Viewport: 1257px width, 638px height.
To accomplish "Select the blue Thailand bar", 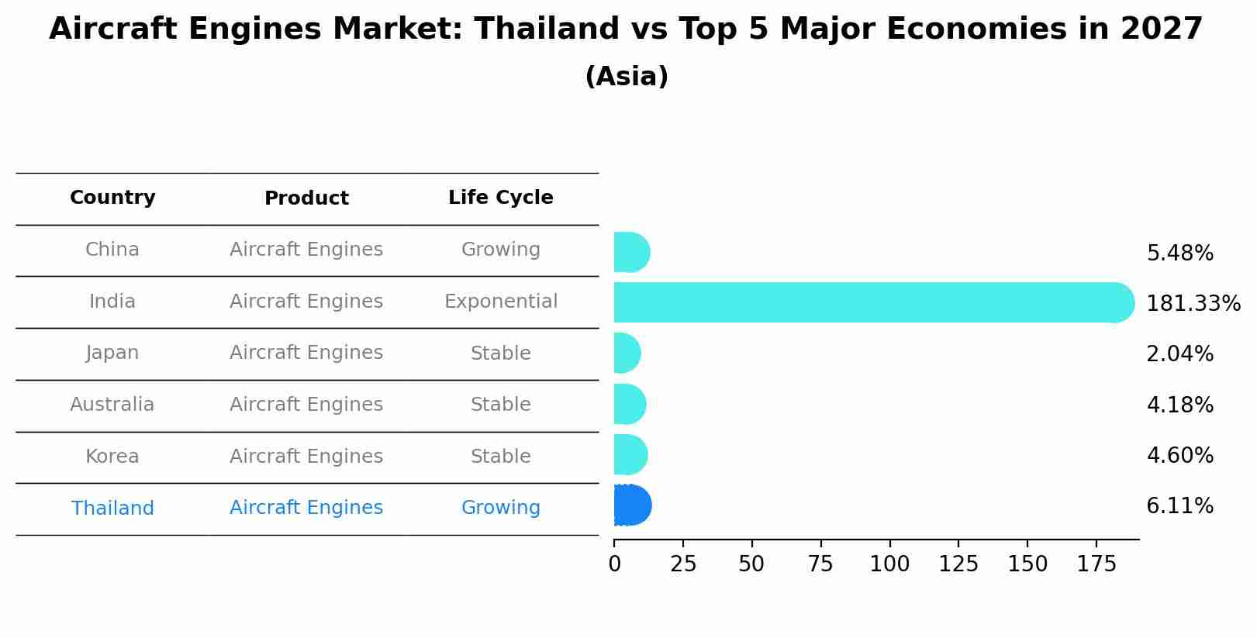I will (x=631, y=505).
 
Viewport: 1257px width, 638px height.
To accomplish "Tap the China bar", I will (x=630, y=252).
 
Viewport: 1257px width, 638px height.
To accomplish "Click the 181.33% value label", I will (x=1193, y=303).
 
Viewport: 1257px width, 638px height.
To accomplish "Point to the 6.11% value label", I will (x=1179, y=506).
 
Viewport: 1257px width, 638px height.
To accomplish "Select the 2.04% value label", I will (x=1179, y=354).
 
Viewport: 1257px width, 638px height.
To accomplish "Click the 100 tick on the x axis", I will (x=889, y=564).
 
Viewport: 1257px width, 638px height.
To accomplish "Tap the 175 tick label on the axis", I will (x=1096, y=564).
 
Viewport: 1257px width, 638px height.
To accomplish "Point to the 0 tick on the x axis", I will (x=615, y=564).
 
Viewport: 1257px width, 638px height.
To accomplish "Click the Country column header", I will (x=112, y=198).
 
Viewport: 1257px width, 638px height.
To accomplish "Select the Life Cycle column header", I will (x=500, y=198).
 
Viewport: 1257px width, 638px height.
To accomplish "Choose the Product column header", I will (x=306, y=198).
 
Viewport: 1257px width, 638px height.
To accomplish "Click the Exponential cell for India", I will (x=500, y=302).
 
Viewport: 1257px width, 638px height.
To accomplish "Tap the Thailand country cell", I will (x=112, y=509).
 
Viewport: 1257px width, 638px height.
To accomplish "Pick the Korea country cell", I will (x=112, y=457).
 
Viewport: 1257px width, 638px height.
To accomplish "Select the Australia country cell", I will (x=112, y=405).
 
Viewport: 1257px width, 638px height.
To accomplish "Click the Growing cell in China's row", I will (x=500, y=250).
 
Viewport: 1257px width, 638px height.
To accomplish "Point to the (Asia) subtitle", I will (x=627, y=77).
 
